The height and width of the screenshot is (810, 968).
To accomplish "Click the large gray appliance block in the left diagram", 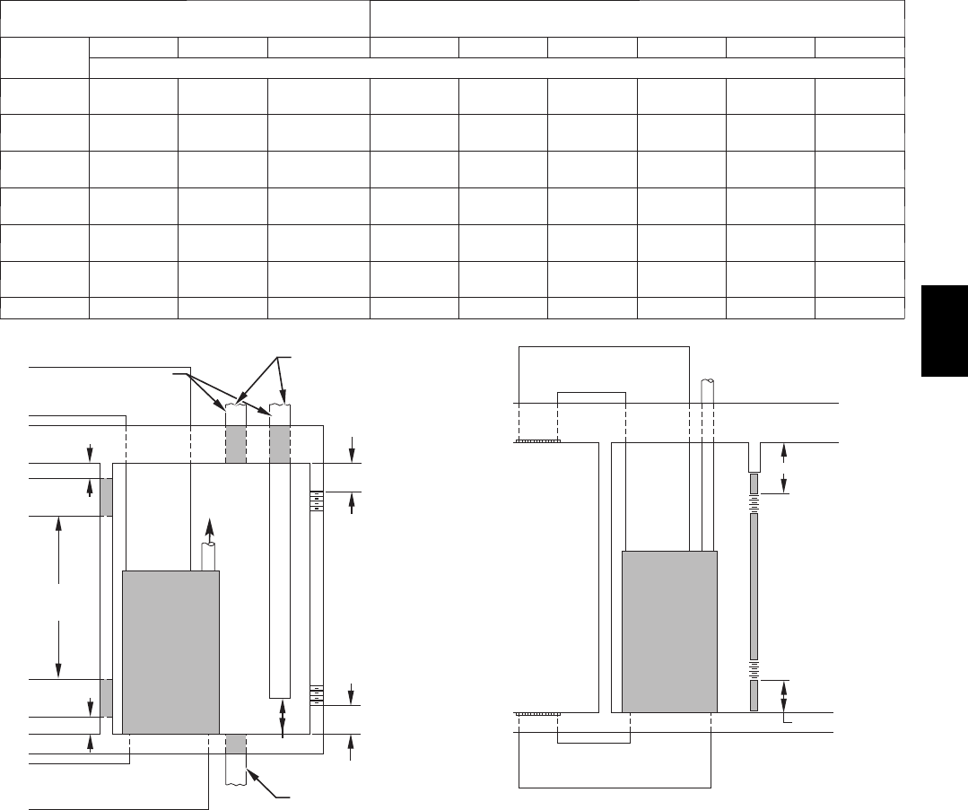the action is pyautogui.click(x=170, y=652).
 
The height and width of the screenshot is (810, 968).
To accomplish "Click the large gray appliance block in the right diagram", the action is pyautogui.click(x=669, y=631).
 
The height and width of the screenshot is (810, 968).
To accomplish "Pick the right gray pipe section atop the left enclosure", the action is pyautogui.click(x=281, y=444).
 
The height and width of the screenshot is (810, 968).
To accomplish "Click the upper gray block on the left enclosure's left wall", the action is pyautogui.click(x=106, y=497).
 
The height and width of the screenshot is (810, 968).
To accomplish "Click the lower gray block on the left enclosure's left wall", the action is pyautogui.click(x=106, y=698).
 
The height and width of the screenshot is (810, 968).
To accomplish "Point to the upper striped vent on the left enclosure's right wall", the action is pyautogui.click(x=316, y=500).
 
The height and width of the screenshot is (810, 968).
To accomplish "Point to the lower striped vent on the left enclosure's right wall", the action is pyautogui.click(x=316, y=694).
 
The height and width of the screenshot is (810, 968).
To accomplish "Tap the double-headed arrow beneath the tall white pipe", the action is pyautogui.click(x=283, y=719).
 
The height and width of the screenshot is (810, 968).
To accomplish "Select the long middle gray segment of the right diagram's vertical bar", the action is pyautogui.click(x=754, y=588).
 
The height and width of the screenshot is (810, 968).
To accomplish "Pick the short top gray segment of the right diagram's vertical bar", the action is pyautogui.click(x=754, y=484).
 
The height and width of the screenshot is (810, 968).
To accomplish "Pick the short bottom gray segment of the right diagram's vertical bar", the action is pyautogui.click(x=754, y=695).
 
